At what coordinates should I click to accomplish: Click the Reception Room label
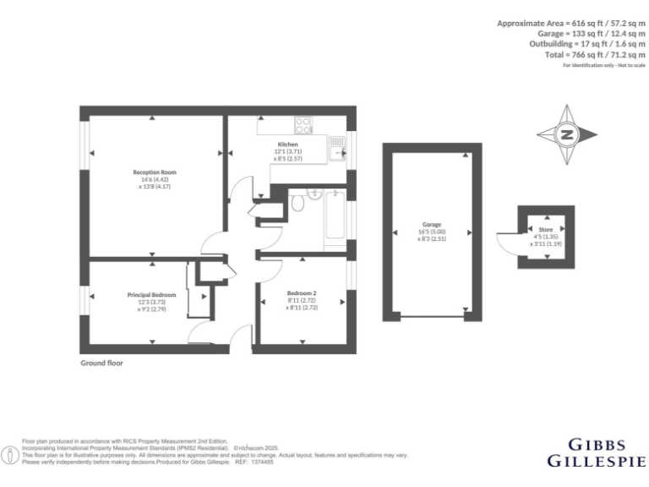click(x=154, y=172)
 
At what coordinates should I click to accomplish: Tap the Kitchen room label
click(x=287, y=145)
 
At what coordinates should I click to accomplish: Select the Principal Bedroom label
click(x=152, y=294)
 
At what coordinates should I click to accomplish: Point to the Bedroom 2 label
click(x=301, y=293)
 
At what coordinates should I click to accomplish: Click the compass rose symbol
click(x=567, y=134)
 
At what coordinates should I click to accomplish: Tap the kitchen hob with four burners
click(x=304, y=125)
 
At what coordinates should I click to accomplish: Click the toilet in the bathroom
click(x=297, y=203)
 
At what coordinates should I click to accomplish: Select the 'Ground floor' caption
click(x=101, y=363)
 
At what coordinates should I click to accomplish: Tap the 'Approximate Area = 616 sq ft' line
click(x=571, y=23)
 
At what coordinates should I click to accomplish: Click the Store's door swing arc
click(x=506, y=243)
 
